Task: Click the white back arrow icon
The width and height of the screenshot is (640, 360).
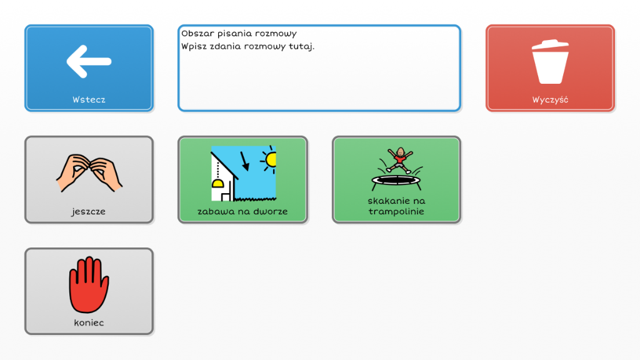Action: [89, 61]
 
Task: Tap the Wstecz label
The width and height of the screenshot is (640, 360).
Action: [89, 99]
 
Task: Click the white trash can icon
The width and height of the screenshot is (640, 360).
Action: [550, 62]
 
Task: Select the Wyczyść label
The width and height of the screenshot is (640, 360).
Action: [550, 99]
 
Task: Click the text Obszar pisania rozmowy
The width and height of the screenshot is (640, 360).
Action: [239, 34]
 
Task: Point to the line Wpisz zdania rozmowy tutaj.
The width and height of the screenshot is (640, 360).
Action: [247, 46]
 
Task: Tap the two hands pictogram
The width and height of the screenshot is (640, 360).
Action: [89, 172]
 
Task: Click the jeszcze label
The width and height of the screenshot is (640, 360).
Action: [89, 211]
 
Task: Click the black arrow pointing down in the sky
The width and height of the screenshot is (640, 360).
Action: [245, 161]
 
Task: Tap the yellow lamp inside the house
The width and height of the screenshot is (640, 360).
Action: [217, 183]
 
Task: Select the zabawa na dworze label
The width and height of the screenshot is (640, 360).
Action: [242, 211]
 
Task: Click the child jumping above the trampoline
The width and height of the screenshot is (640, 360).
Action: [399, 160]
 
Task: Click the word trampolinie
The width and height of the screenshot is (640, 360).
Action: [396, 211]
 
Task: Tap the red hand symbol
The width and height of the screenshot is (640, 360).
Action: [89, 284]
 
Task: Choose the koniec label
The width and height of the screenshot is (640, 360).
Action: [89, 322]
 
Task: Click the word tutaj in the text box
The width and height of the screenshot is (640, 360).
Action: [302, 46]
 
